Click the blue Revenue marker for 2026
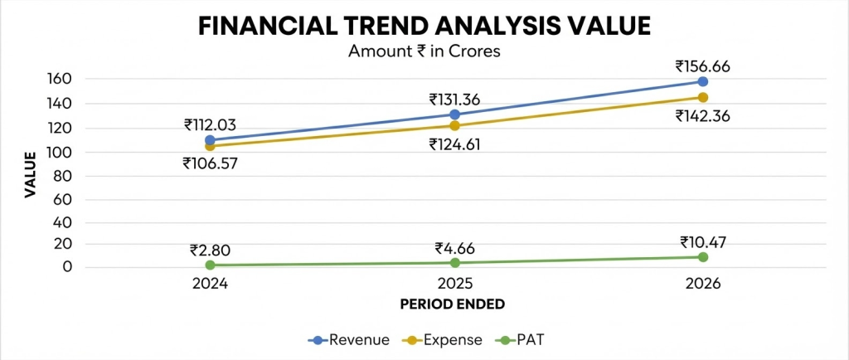703,81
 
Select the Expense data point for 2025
455,125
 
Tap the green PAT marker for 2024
210,265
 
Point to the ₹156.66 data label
703,66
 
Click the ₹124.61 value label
456,144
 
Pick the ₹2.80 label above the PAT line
211,251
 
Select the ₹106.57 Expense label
210,163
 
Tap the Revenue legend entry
349,340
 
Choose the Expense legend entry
442,340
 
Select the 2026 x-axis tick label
703,285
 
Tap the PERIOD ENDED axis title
452,304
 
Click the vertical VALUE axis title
31,175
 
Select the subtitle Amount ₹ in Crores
424,51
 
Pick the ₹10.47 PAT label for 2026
702,242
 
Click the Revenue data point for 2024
210,139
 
